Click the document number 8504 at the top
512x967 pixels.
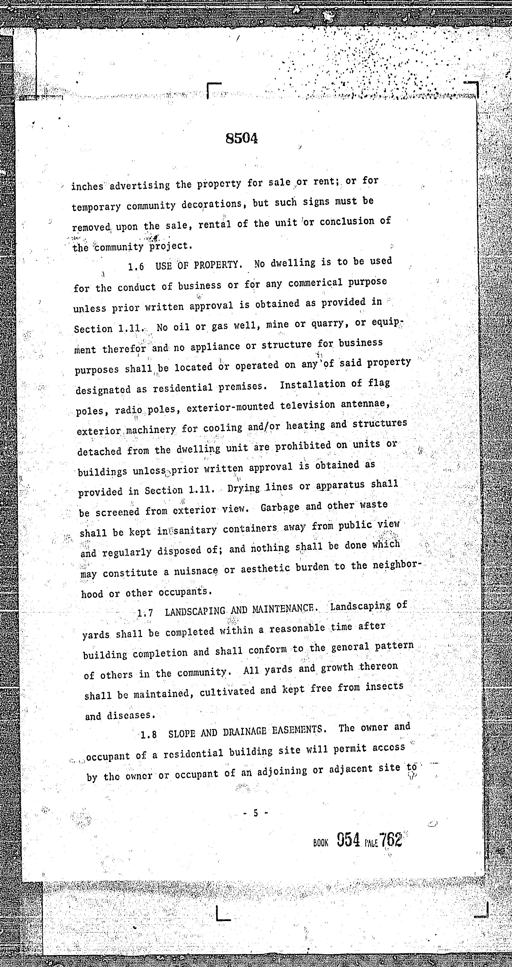click(242, 139)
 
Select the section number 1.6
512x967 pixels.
click(136, 267)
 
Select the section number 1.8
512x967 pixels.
click(149, 734)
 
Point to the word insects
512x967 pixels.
click(384, 686)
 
